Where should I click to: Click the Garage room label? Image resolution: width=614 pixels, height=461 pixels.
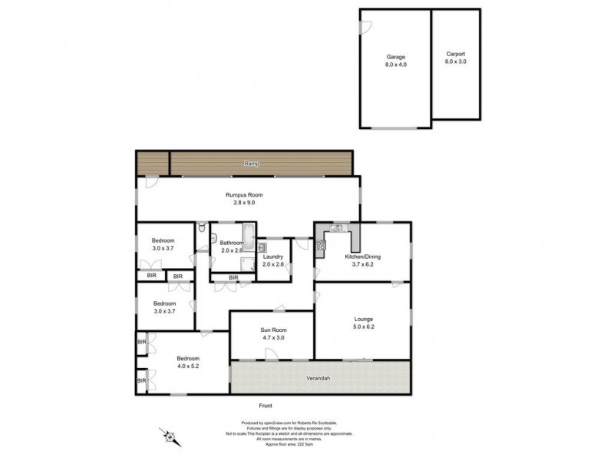395,58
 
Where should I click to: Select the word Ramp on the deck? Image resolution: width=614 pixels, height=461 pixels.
252,164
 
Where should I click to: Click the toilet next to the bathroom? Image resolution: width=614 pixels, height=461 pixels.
201,227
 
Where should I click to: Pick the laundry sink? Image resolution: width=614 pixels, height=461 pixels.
262,247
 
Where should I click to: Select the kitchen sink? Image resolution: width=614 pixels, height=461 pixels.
337,227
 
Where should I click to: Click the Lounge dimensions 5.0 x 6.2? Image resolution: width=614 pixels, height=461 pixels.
364,327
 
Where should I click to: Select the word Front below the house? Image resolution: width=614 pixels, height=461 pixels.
266,406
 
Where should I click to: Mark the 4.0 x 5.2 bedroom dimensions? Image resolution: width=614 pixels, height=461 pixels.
188,367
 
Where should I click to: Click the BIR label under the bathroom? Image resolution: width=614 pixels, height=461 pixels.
233,277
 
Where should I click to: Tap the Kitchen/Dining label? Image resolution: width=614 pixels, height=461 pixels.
364,256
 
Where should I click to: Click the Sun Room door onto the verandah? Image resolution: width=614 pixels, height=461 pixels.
272,354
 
